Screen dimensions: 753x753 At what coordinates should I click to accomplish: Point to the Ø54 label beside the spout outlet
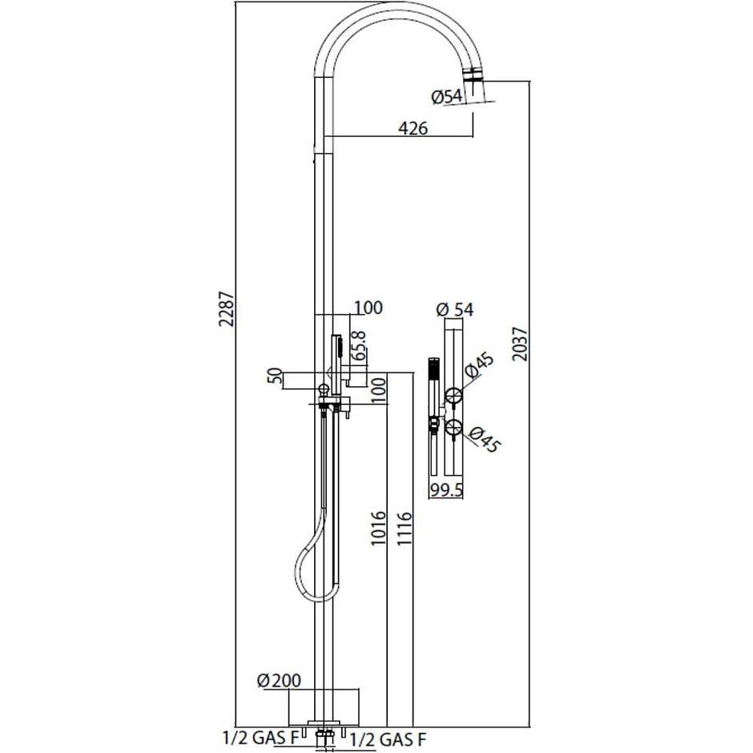point(446,97)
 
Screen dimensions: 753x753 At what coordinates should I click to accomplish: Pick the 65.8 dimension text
point(360,344)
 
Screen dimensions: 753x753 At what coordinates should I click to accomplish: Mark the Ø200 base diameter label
point(279,681)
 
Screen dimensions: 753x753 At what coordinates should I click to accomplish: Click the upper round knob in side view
point(453,394)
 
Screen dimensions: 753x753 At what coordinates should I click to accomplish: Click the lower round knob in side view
point(453,428)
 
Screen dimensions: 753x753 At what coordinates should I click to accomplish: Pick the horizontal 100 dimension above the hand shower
point(368,308)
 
